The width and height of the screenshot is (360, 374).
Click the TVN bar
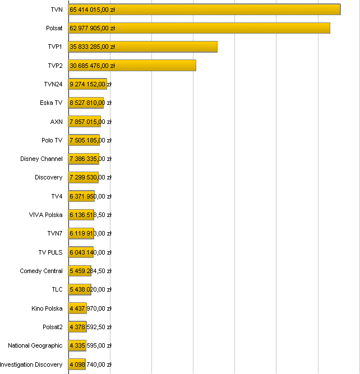coord(224,10)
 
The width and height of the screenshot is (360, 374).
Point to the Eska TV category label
coord(51,103)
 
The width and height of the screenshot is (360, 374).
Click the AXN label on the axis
coord(56,122)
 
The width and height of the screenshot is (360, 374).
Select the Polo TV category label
coord(52,140)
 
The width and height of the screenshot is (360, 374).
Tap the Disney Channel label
coord(41,159)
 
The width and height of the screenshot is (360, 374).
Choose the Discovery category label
coord(49,177)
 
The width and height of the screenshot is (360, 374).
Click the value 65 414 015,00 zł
coord(93,10)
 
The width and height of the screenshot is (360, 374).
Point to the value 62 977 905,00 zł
coord(93,28)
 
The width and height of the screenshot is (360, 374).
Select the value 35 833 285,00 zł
coord(93,47)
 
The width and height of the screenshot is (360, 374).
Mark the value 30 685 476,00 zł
coord(93,66)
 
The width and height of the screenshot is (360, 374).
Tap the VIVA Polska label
coord(46,215)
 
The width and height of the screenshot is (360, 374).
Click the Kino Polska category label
coord(47,308)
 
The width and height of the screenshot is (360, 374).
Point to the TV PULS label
coord(50,252)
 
